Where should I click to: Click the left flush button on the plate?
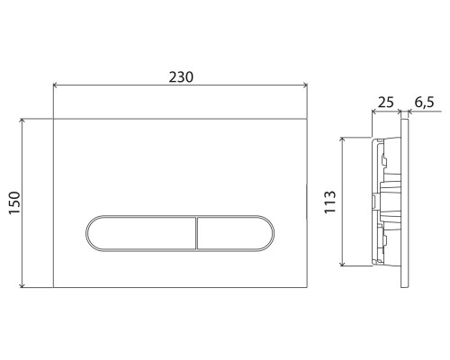141,233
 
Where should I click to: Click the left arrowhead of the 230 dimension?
57,86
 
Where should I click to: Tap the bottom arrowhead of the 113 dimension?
343,264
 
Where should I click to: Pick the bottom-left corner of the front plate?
54,287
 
